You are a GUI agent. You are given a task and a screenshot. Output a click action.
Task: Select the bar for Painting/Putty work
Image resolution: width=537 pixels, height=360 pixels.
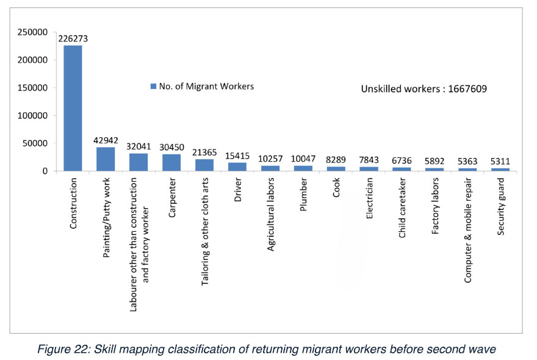(106, 159)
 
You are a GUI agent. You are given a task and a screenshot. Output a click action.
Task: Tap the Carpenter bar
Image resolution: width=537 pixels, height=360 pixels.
(171, 162)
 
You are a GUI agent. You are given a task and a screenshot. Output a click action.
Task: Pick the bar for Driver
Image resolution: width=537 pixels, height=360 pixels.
(237, 167)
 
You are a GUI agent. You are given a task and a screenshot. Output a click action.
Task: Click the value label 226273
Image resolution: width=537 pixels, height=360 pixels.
(73, 38)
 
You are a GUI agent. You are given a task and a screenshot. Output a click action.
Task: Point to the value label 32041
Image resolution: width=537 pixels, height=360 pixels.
(139, 146)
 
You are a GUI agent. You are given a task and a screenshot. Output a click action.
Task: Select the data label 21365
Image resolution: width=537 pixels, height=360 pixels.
(204, 153)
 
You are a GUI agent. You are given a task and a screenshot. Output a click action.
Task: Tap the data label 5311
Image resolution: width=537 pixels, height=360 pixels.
(500, 162)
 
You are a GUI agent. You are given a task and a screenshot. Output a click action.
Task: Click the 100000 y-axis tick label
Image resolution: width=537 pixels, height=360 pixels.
(34, 115)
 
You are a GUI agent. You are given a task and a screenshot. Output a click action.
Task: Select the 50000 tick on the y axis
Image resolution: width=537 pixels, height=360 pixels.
(36, 143)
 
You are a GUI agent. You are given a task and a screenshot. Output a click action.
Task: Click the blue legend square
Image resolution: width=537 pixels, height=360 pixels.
(153, 87)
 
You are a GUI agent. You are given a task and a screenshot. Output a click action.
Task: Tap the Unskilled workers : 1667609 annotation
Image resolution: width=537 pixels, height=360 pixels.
(423, 88)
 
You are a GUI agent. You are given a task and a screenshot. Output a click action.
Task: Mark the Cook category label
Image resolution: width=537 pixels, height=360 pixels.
(336, 189)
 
